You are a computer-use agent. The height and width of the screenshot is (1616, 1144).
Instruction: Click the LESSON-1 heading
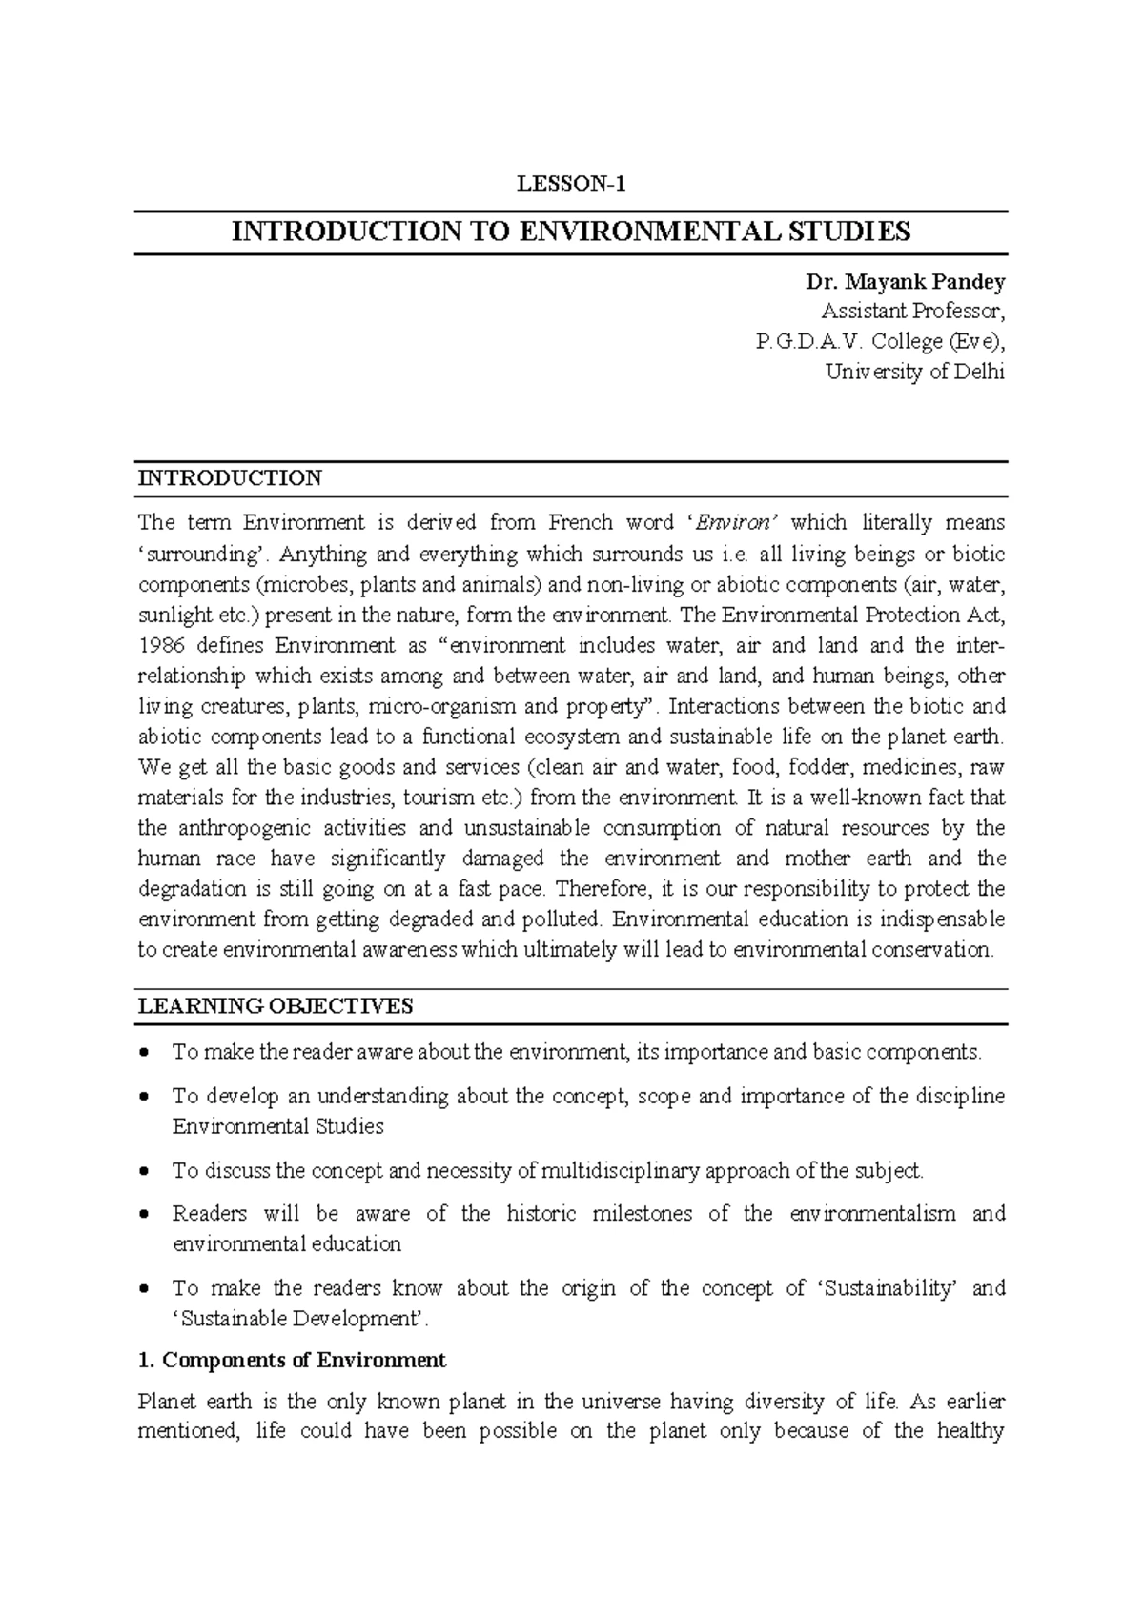tap(571, 185)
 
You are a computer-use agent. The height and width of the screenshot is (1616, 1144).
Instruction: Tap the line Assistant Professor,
tap(912, 312)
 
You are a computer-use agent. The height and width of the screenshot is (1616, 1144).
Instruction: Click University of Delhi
tap(914, 373)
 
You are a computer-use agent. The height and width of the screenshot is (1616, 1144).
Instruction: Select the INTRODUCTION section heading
tap(230, 478)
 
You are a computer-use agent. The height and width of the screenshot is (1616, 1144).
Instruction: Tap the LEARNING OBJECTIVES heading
tap(276, 1006)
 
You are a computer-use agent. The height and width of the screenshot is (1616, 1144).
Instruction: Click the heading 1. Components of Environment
tap(292, 1360)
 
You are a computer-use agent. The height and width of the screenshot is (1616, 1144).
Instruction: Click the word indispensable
tap(931, 919)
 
